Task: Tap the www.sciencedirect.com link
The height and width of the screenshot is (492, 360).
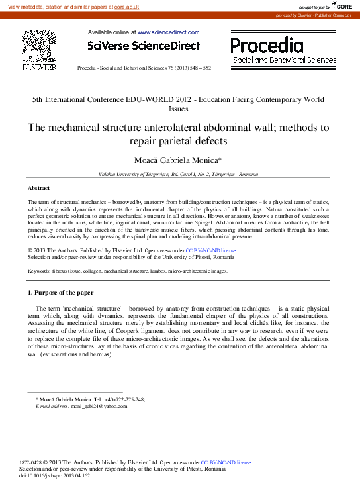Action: point(168,32)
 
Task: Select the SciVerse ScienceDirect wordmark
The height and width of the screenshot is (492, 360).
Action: point(144,46)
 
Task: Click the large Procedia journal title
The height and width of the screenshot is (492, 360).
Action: point(267,45)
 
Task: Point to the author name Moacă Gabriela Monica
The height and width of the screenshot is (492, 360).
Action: point(178,161)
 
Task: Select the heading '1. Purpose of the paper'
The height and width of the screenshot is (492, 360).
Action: point(60,292)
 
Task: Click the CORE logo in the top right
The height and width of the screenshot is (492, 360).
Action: point(340,6)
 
